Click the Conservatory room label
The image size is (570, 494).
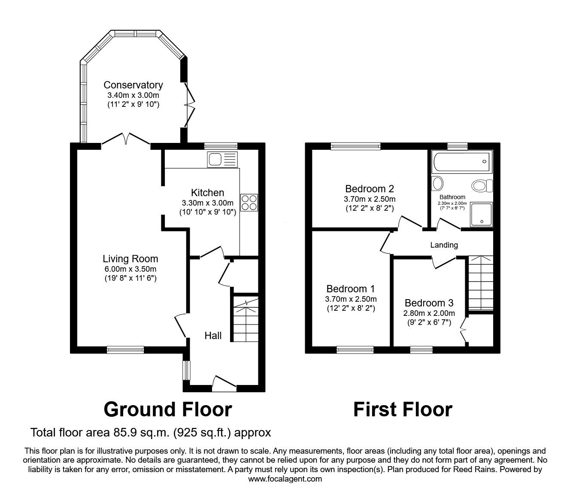[133, 85]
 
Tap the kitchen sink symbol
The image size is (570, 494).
[221, 159]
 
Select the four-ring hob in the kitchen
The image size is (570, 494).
[249, 203]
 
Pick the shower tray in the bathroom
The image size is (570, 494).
[481, 215]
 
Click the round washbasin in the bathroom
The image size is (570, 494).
[438, 184]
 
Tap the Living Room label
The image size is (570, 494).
[130, 259]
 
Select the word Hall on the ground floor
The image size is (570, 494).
[213, 336]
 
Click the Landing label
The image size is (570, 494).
[444, 245]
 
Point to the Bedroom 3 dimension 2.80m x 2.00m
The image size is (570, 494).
[429, 313]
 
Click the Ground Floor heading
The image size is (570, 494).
[168, 409]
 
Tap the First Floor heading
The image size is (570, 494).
[402, 409]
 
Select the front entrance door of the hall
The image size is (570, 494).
[224, 384]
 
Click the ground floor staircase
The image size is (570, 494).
[245, 320]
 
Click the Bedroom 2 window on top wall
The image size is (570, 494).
[355, 146]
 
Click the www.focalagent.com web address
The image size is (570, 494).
[285, 479]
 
